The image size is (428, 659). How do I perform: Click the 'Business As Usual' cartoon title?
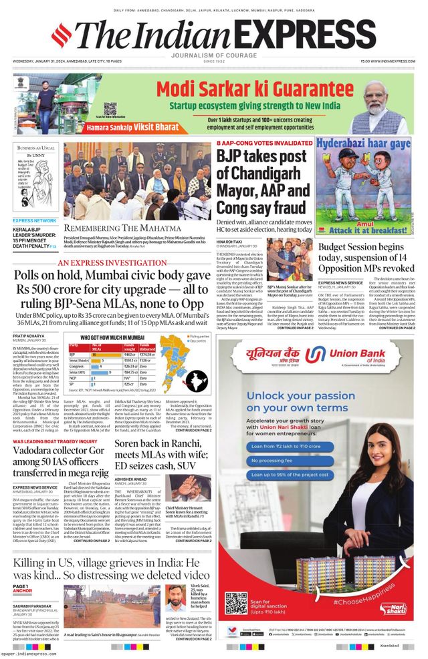(x=37, y=148)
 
